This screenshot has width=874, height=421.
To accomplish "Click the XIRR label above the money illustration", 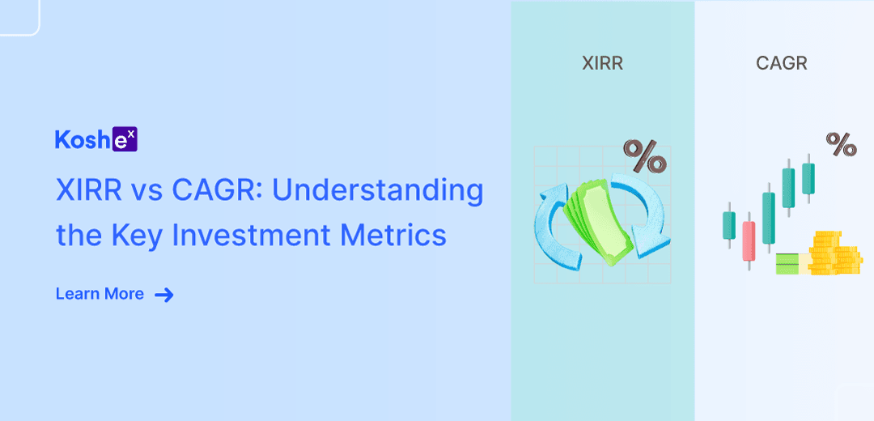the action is tap(602, 64).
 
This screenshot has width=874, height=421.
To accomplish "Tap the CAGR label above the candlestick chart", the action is tap(782, 64).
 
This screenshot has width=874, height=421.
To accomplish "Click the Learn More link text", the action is tap(100, 294).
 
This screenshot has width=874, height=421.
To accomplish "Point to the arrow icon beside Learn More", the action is tap(163, 295).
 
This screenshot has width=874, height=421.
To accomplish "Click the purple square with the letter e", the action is tap(125, 140).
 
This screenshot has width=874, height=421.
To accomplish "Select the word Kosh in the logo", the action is tap(83, 139).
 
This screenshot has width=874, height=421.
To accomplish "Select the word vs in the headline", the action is tap(147, 193).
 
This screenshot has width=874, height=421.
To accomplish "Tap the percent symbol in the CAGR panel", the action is tap(841, 144).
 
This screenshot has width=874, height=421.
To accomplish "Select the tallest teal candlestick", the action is tap(769, 218).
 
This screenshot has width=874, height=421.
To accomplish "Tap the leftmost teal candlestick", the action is tap(729, 225).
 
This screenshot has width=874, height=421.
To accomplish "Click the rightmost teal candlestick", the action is tap(808, 178).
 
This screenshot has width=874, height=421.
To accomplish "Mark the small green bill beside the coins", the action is tap(792, 264).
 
